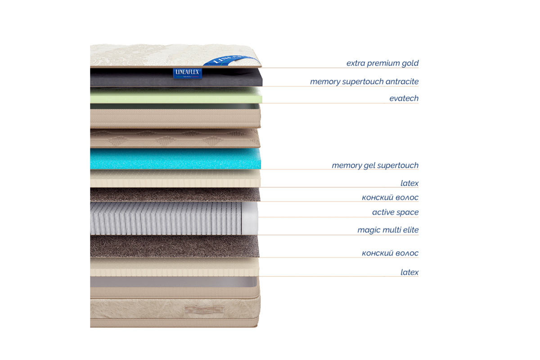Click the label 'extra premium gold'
(382, 63)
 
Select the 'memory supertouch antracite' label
(364, 82)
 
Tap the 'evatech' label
(404, 99)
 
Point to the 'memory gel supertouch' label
(375, 166)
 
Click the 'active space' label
(395, 212)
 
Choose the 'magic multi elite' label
(388, 230)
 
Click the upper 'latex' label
(409, 183)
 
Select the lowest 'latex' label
(409, 272)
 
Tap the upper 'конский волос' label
(390, 197)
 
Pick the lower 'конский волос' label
(390, 253)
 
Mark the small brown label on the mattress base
(205, 310)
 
